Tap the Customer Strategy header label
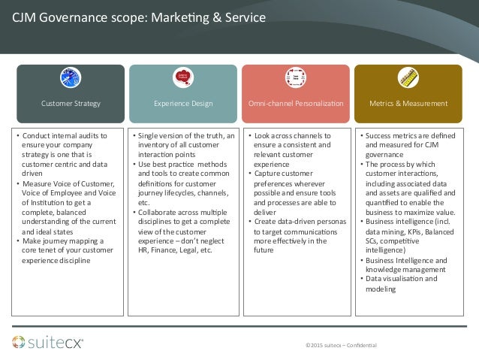(x=71, y=102)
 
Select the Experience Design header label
(x=182, y=102)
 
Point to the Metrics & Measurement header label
(x=408, y=102)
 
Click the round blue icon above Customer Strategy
(x=71, y=78)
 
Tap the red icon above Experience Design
(x=182, y=77)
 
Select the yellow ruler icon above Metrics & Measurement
(x=408, y=78)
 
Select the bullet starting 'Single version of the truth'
(x=182, y=141)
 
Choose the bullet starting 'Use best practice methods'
(x=182, y=177)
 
